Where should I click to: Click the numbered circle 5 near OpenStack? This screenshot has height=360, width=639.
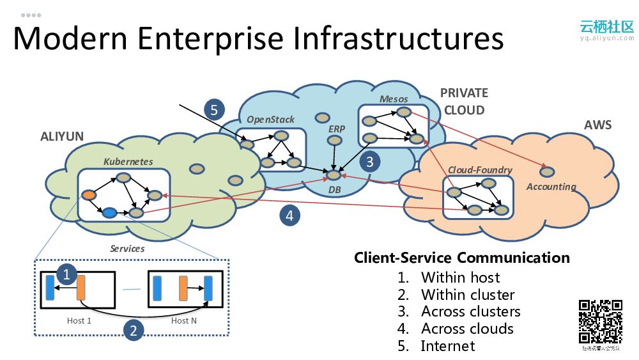pos(214,109)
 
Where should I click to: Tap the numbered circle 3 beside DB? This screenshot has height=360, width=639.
pos(369,161)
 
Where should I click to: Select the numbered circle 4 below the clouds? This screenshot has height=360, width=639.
pos(289,215)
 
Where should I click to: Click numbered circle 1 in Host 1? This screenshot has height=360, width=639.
pos(67,274)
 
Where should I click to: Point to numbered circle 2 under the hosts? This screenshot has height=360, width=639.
pos(133,330)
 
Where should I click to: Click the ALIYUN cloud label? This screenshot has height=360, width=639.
pos(62,136)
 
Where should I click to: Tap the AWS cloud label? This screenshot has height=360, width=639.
pos(597,125)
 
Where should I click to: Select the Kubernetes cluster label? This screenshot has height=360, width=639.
pos(128,162)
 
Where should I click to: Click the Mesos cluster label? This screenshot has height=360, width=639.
pos(394,99)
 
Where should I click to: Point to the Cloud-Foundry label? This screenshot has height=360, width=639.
pos(480,169)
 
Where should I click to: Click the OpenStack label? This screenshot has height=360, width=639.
pos(270,120)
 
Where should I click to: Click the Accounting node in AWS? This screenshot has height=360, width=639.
pos(547,171)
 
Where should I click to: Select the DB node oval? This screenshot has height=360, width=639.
pos(333,174)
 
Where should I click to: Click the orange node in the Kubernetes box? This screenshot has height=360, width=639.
pos(89,194)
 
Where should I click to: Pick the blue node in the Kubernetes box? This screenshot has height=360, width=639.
pos(109,213)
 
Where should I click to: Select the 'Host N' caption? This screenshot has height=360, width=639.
pos(183,320)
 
